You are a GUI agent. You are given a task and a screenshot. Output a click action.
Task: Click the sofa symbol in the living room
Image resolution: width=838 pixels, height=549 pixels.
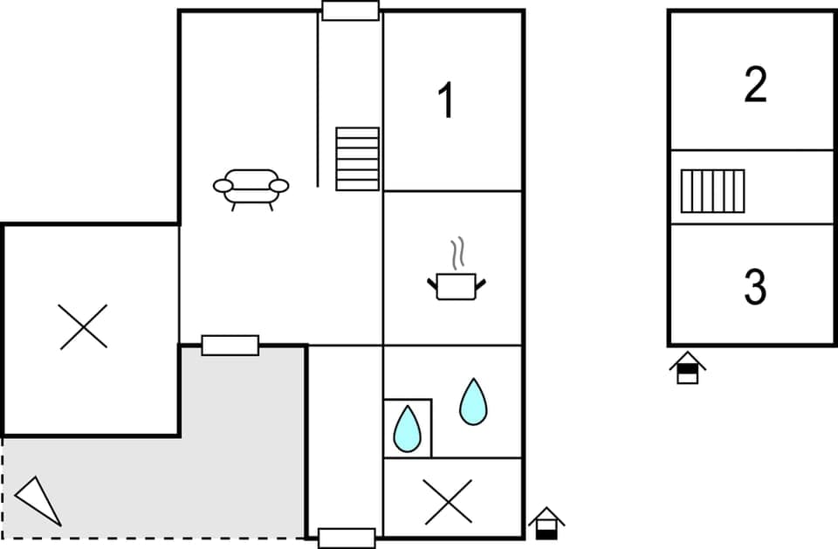click(x=251, y=187)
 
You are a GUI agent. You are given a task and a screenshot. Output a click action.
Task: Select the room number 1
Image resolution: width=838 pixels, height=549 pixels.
click(x=446, y=101)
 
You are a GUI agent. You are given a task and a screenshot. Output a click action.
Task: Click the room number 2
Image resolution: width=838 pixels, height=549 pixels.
click(x=755, y=85)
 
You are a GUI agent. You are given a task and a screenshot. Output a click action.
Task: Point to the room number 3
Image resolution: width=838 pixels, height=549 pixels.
click(x=755, y=286)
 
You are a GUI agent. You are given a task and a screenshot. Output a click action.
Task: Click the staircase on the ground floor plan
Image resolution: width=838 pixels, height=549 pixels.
click(x=358, y=158)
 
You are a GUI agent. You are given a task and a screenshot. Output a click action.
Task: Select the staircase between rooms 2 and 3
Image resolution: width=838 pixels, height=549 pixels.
click(x=712, y=191)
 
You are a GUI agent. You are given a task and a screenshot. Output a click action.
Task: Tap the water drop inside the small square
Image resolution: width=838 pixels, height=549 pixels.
click(x=407, y=429)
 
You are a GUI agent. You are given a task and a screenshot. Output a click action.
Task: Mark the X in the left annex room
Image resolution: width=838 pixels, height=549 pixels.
click(x=84, y=326)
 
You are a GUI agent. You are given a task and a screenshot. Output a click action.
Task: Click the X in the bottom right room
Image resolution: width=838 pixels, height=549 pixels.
click(x=448, y=502)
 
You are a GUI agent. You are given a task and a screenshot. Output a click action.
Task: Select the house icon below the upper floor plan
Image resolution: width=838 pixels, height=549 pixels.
click(x=688, y=367)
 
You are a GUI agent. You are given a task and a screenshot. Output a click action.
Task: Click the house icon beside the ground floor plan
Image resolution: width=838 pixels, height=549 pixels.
click(x=546, y=523)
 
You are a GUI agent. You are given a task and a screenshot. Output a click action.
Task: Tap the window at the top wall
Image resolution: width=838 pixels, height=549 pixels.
click(x=350, y=10)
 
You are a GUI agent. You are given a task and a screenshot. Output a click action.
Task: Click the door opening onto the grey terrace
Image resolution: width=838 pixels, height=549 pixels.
click(x=230, y=345)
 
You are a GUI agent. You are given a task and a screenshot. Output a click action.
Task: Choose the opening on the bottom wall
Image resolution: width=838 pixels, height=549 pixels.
click(x=347, y=538)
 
